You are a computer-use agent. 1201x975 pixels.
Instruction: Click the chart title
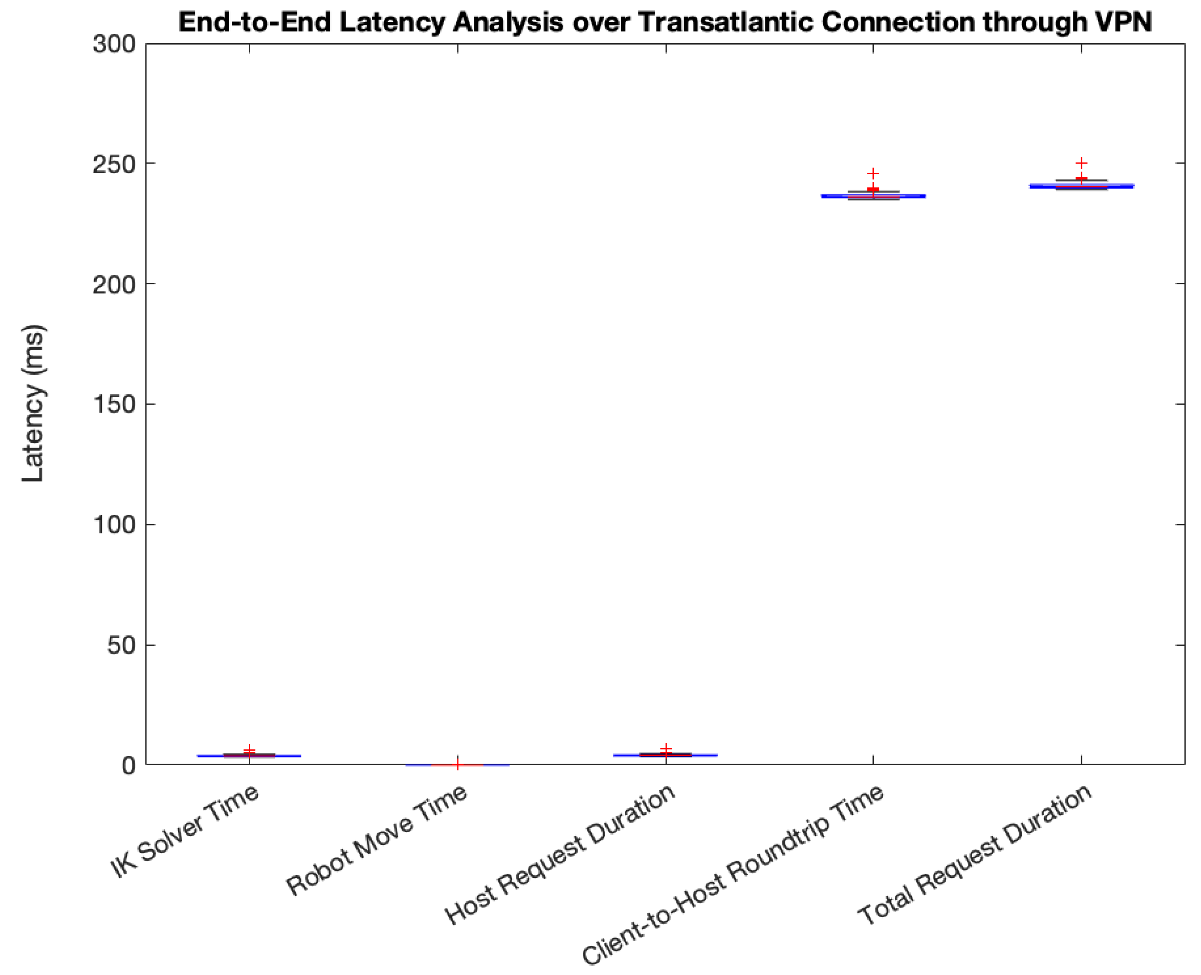click(x=665, y=22)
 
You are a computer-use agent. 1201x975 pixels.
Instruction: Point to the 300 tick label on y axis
click(x=115, y=45)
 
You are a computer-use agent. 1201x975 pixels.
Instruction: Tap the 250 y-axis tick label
click(x=115, y=164)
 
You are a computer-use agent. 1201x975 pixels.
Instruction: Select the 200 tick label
click(x=115, y=285)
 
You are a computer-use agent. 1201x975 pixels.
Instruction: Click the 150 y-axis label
click(x=115, y=404)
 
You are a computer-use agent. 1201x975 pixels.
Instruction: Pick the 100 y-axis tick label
click(x=115, y=525)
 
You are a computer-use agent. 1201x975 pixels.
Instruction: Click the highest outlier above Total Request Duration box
click(x=1081, y=163)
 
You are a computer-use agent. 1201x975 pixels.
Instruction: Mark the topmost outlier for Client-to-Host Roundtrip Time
click(x=873, y=173)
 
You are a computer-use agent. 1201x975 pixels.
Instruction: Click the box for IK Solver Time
click(x=249, y=756)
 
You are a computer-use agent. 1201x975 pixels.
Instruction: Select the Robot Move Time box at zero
click(x=457, y=765)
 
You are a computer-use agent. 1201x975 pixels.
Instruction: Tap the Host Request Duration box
click(x=666, y=755)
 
